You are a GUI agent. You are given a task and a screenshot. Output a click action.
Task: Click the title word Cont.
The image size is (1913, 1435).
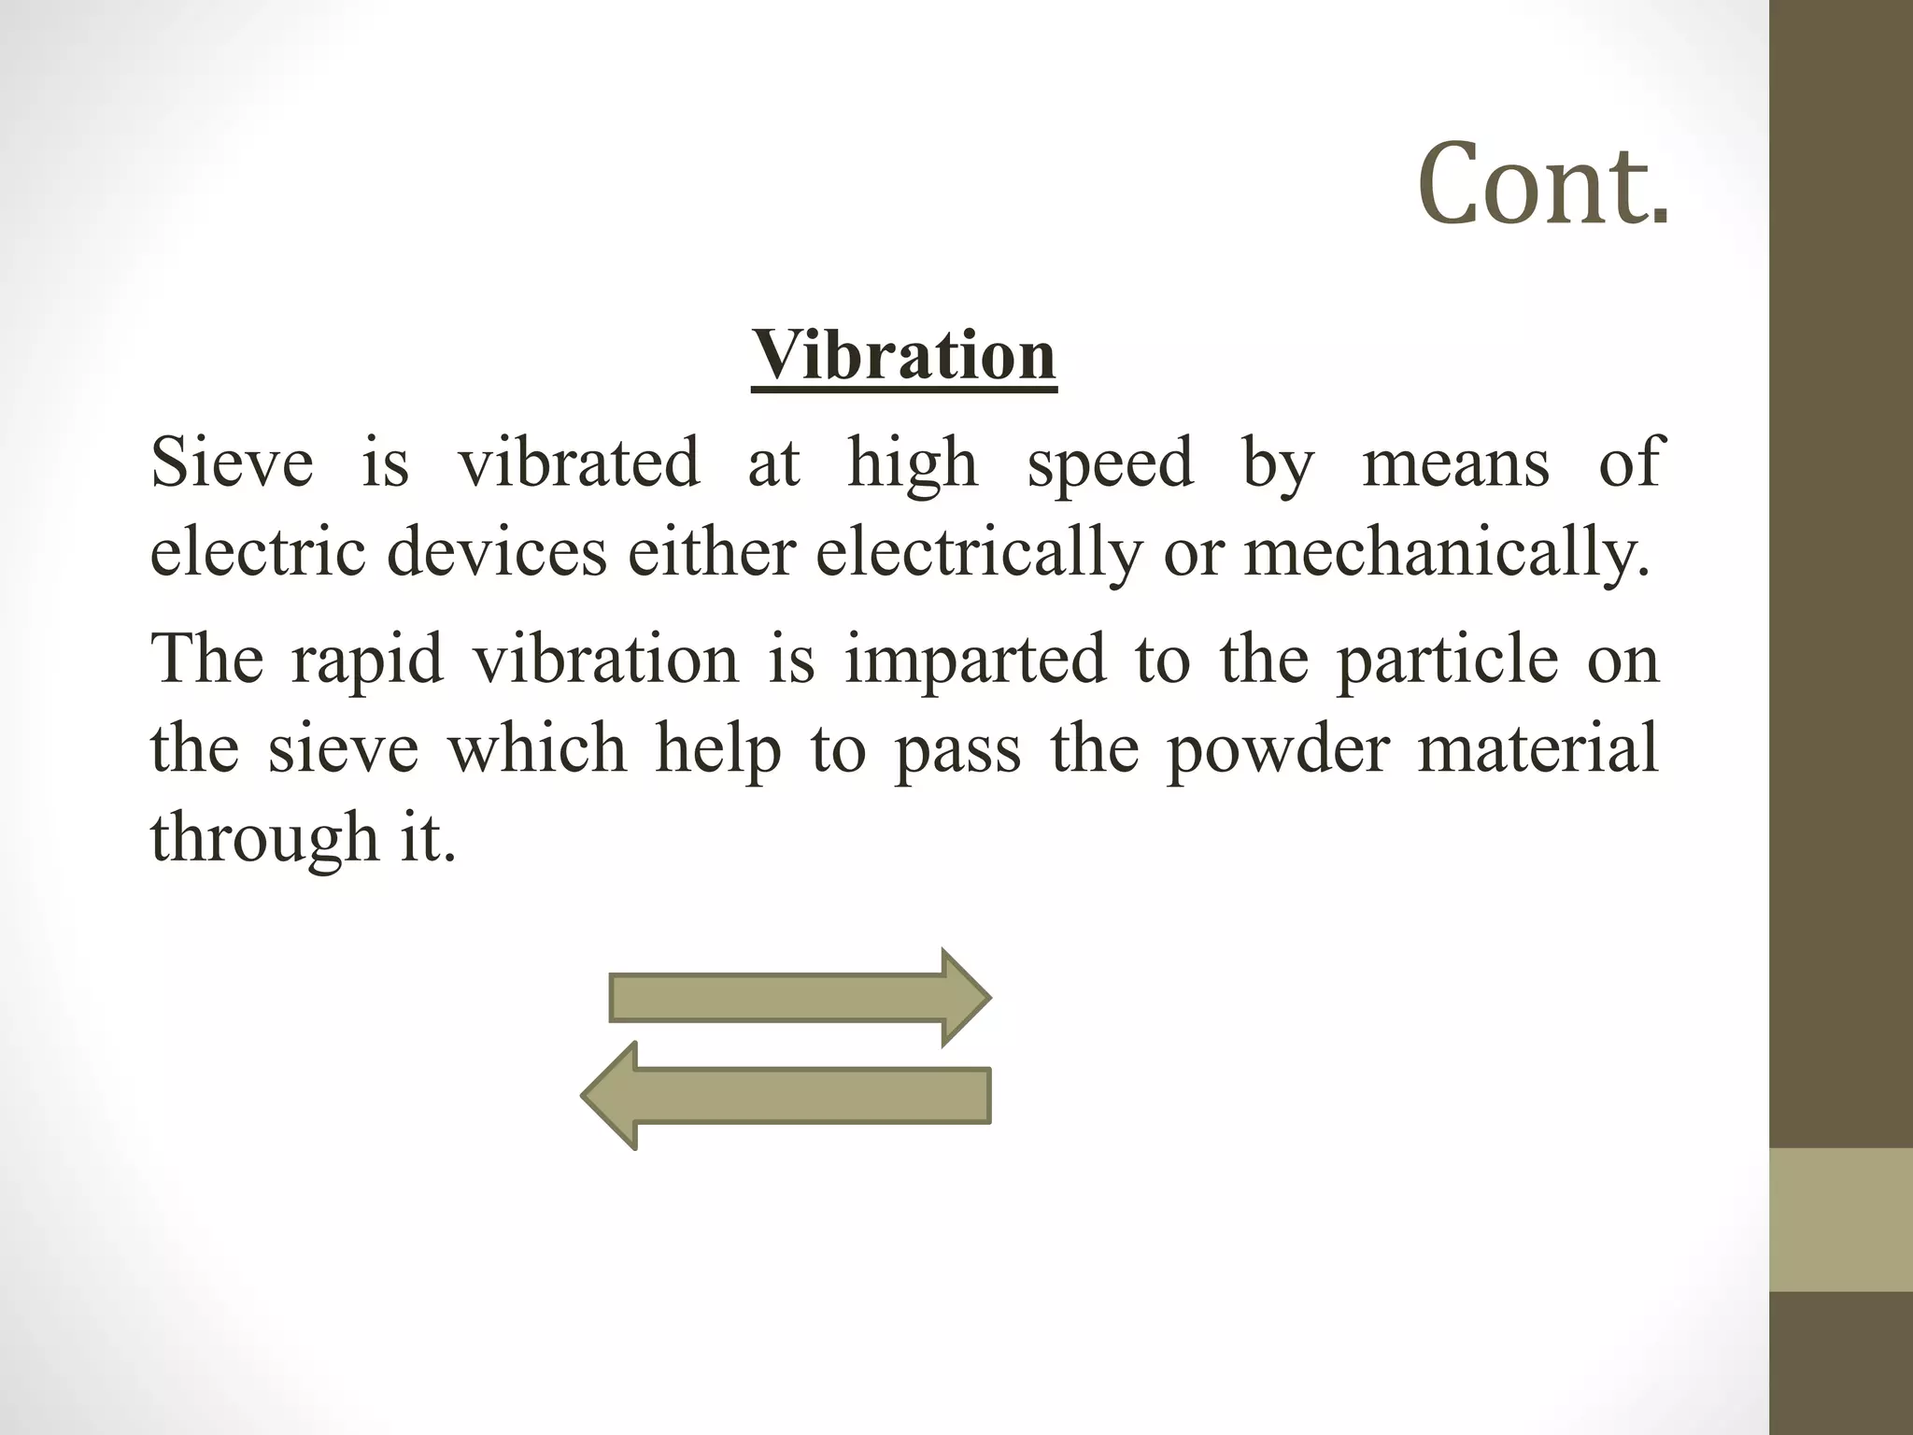pos(1543,183)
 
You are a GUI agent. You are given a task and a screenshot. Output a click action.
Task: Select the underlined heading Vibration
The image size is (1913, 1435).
pos(903,356)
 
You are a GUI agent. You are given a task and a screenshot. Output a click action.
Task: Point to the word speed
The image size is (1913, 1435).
pos(1110,464)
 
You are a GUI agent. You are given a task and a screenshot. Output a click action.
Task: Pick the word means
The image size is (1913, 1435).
pos(1455,464)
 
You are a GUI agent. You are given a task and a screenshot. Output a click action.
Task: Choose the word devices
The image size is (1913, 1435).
pos(497,552)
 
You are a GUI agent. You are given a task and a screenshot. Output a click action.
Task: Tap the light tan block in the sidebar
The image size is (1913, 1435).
pos(1841,1219)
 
